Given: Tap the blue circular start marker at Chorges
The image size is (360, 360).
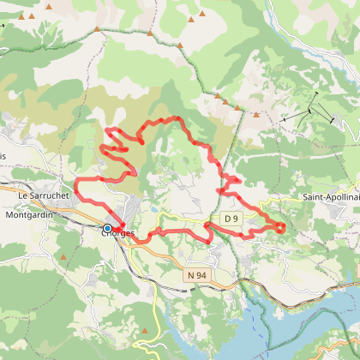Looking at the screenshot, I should click(107, 229).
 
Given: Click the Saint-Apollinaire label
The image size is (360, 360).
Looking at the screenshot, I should click(330, 197).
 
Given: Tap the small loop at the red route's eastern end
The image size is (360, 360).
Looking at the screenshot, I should click(277, 225).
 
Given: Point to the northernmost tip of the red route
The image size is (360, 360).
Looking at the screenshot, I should click(177, 118).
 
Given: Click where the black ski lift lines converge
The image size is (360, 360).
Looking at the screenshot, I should click(309, 109).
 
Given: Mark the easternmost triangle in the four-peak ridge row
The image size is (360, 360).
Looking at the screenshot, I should click(256, 114).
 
